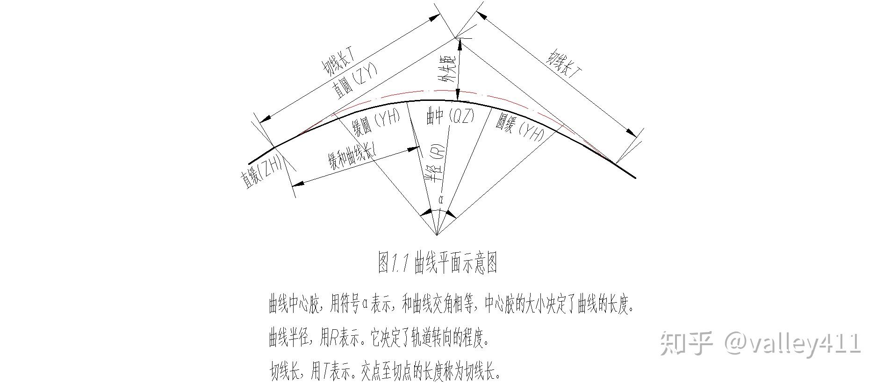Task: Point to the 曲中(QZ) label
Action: [450, 117]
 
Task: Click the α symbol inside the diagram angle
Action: [440, 200]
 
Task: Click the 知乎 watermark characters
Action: [686, 344]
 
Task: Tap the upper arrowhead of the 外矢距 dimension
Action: [460, 43]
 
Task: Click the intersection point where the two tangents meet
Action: [455, 37]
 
